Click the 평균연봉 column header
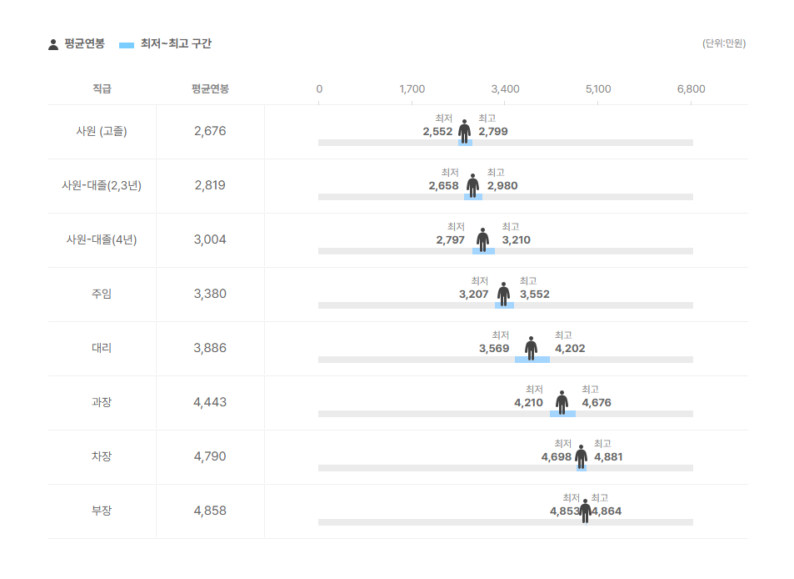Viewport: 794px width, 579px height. coord(210,89)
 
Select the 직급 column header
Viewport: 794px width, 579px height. coord(102,89)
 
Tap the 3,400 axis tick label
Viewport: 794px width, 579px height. coord(505,89)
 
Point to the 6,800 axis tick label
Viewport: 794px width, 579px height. coord(691,89)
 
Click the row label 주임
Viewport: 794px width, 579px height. coord(102,294)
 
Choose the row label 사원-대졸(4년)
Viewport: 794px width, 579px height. coord(102,239)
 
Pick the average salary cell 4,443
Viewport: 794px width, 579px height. coord(210,402)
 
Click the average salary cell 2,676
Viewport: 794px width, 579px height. coord(210,131)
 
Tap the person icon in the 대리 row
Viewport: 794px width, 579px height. coord(532,348)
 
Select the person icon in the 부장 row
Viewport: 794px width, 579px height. coord(585,511)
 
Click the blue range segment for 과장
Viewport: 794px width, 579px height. coord(562,414)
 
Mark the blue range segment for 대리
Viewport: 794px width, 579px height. coord(532,360)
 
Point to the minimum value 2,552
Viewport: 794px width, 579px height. coord(437,132)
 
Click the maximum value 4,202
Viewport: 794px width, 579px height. coord(570,349)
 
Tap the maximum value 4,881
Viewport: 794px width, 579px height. coord(608,457)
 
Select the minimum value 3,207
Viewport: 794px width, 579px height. coord(473,295)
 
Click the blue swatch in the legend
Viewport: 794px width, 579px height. coord(127,44)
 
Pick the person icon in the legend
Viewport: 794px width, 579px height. coord(53,44)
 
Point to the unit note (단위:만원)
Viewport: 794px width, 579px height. coord(723,43)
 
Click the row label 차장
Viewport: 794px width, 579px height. coord(102,456)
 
